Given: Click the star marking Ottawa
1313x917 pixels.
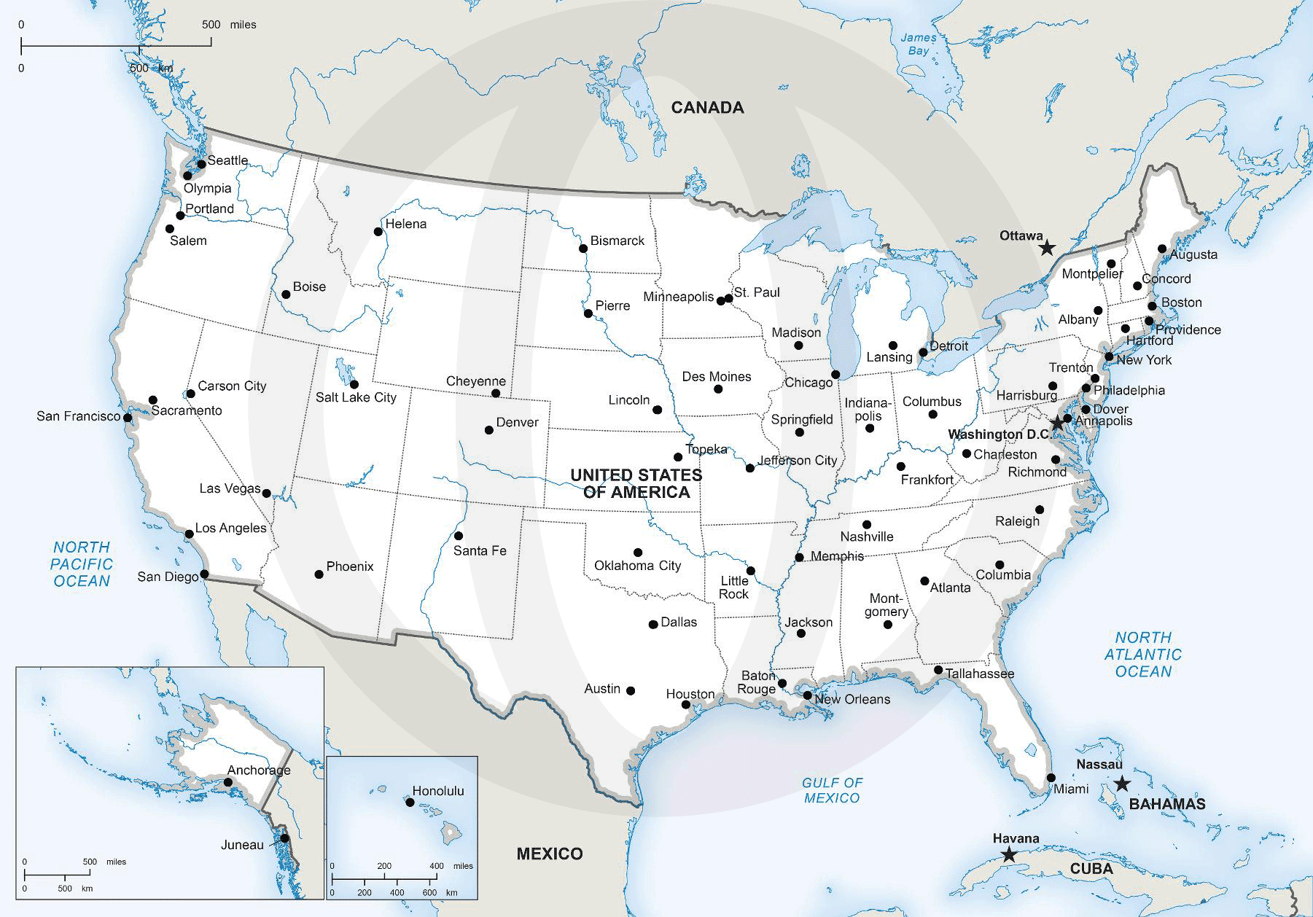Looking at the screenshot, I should coord(1046,248).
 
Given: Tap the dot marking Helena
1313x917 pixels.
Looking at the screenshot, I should coord(378,232).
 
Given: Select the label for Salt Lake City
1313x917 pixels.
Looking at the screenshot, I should coord(356,397).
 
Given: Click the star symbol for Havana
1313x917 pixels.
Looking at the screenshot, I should coord(1008,855).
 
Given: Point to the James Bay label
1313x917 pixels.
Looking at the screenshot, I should coord(918,44).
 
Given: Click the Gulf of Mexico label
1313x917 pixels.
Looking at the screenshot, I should coord(832,790).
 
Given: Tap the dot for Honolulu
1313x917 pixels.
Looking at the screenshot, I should coord(410,803).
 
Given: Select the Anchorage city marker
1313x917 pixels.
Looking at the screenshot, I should coord(228,782).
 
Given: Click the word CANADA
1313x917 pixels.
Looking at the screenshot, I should coord(707,108).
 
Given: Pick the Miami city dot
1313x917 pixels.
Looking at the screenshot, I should coord(1051,778).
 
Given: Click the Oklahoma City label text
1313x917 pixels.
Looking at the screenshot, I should coord(637,566).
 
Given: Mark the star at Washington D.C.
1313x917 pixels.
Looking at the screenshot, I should coord(1056,424).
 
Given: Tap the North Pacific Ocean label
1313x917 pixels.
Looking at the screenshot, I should coord(82,563).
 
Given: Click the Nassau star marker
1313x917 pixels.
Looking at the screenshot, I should coord(1122,784).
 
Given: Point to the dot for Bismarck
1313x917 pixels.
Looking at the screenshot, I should coord(583,249).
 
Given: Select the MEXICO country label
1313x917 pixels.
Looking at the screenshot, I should coord(550,854).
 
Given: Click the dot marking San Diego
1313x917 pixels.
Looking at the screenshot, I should coord(204,574).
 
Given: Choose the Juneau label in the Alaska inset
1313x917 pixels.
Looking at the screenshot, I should coord(242,845).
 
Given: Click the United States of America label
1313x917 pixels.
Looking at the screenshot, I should coord(636,483).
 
